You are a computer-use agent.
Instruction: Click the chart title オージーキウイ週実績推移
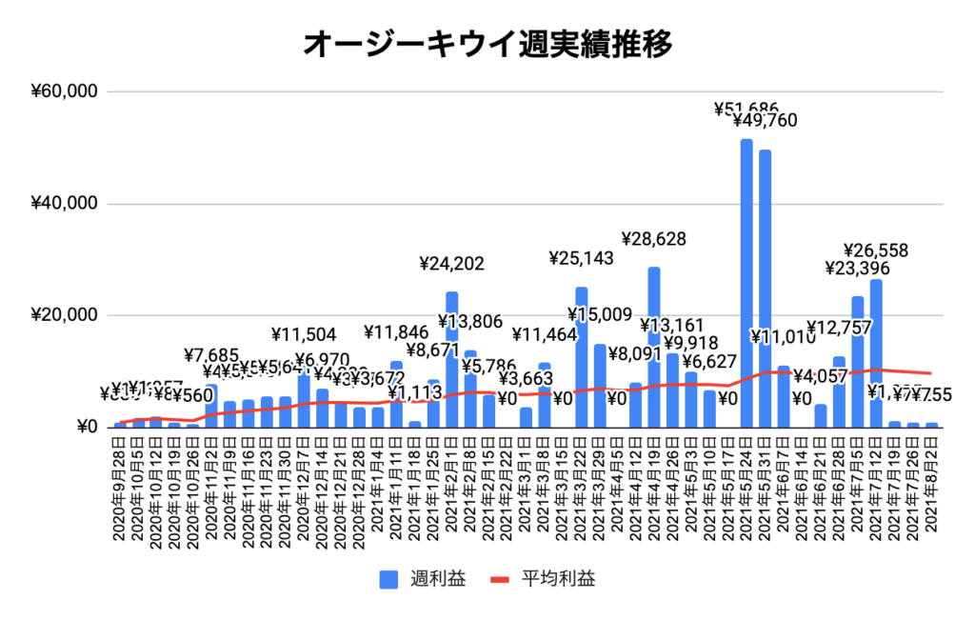click(488, 44)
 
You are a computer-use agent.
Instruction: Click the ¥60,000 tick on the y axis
click(64, 92)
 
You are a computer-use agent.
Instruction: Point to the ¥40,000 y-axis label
click(64, 204)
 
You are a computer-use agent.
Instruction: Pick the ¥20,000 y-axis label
click(64, 315)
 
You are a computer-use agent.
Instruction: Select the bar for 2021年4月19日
click(654, 347)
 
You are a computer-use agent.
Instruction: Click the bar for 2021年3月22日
click(581, 356)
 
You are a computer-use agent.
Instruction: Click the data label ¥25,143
click(582, 258)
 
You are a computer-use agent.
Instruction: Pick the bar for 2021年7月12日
click(875, 352)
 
